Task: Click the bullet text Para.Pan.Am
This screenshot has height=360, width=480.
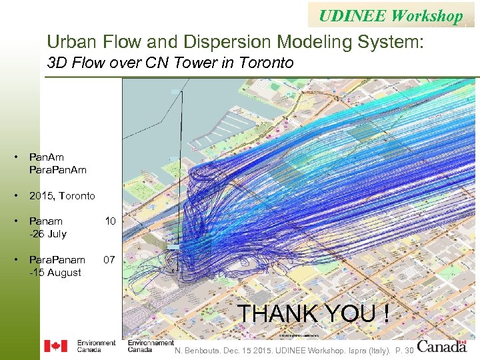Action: pos(58,170)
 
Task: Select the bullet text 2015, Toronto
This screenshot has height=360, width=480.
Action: pos(62,196)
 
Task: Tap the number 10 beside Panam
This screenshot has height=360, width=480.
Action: pos(111,221)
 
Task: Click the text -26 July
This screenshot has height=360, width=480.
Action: pos(47,234)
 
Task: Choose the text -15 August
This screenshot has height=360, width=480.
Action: pos(55,273)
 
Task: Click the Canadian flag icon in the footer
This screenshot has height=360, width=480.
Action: pos(55,346)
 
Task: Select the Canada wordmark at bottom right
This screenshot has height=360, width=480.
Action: pos(442,347)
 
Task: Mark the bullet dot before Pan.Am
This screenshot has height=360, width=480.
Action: pos(15,157)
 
